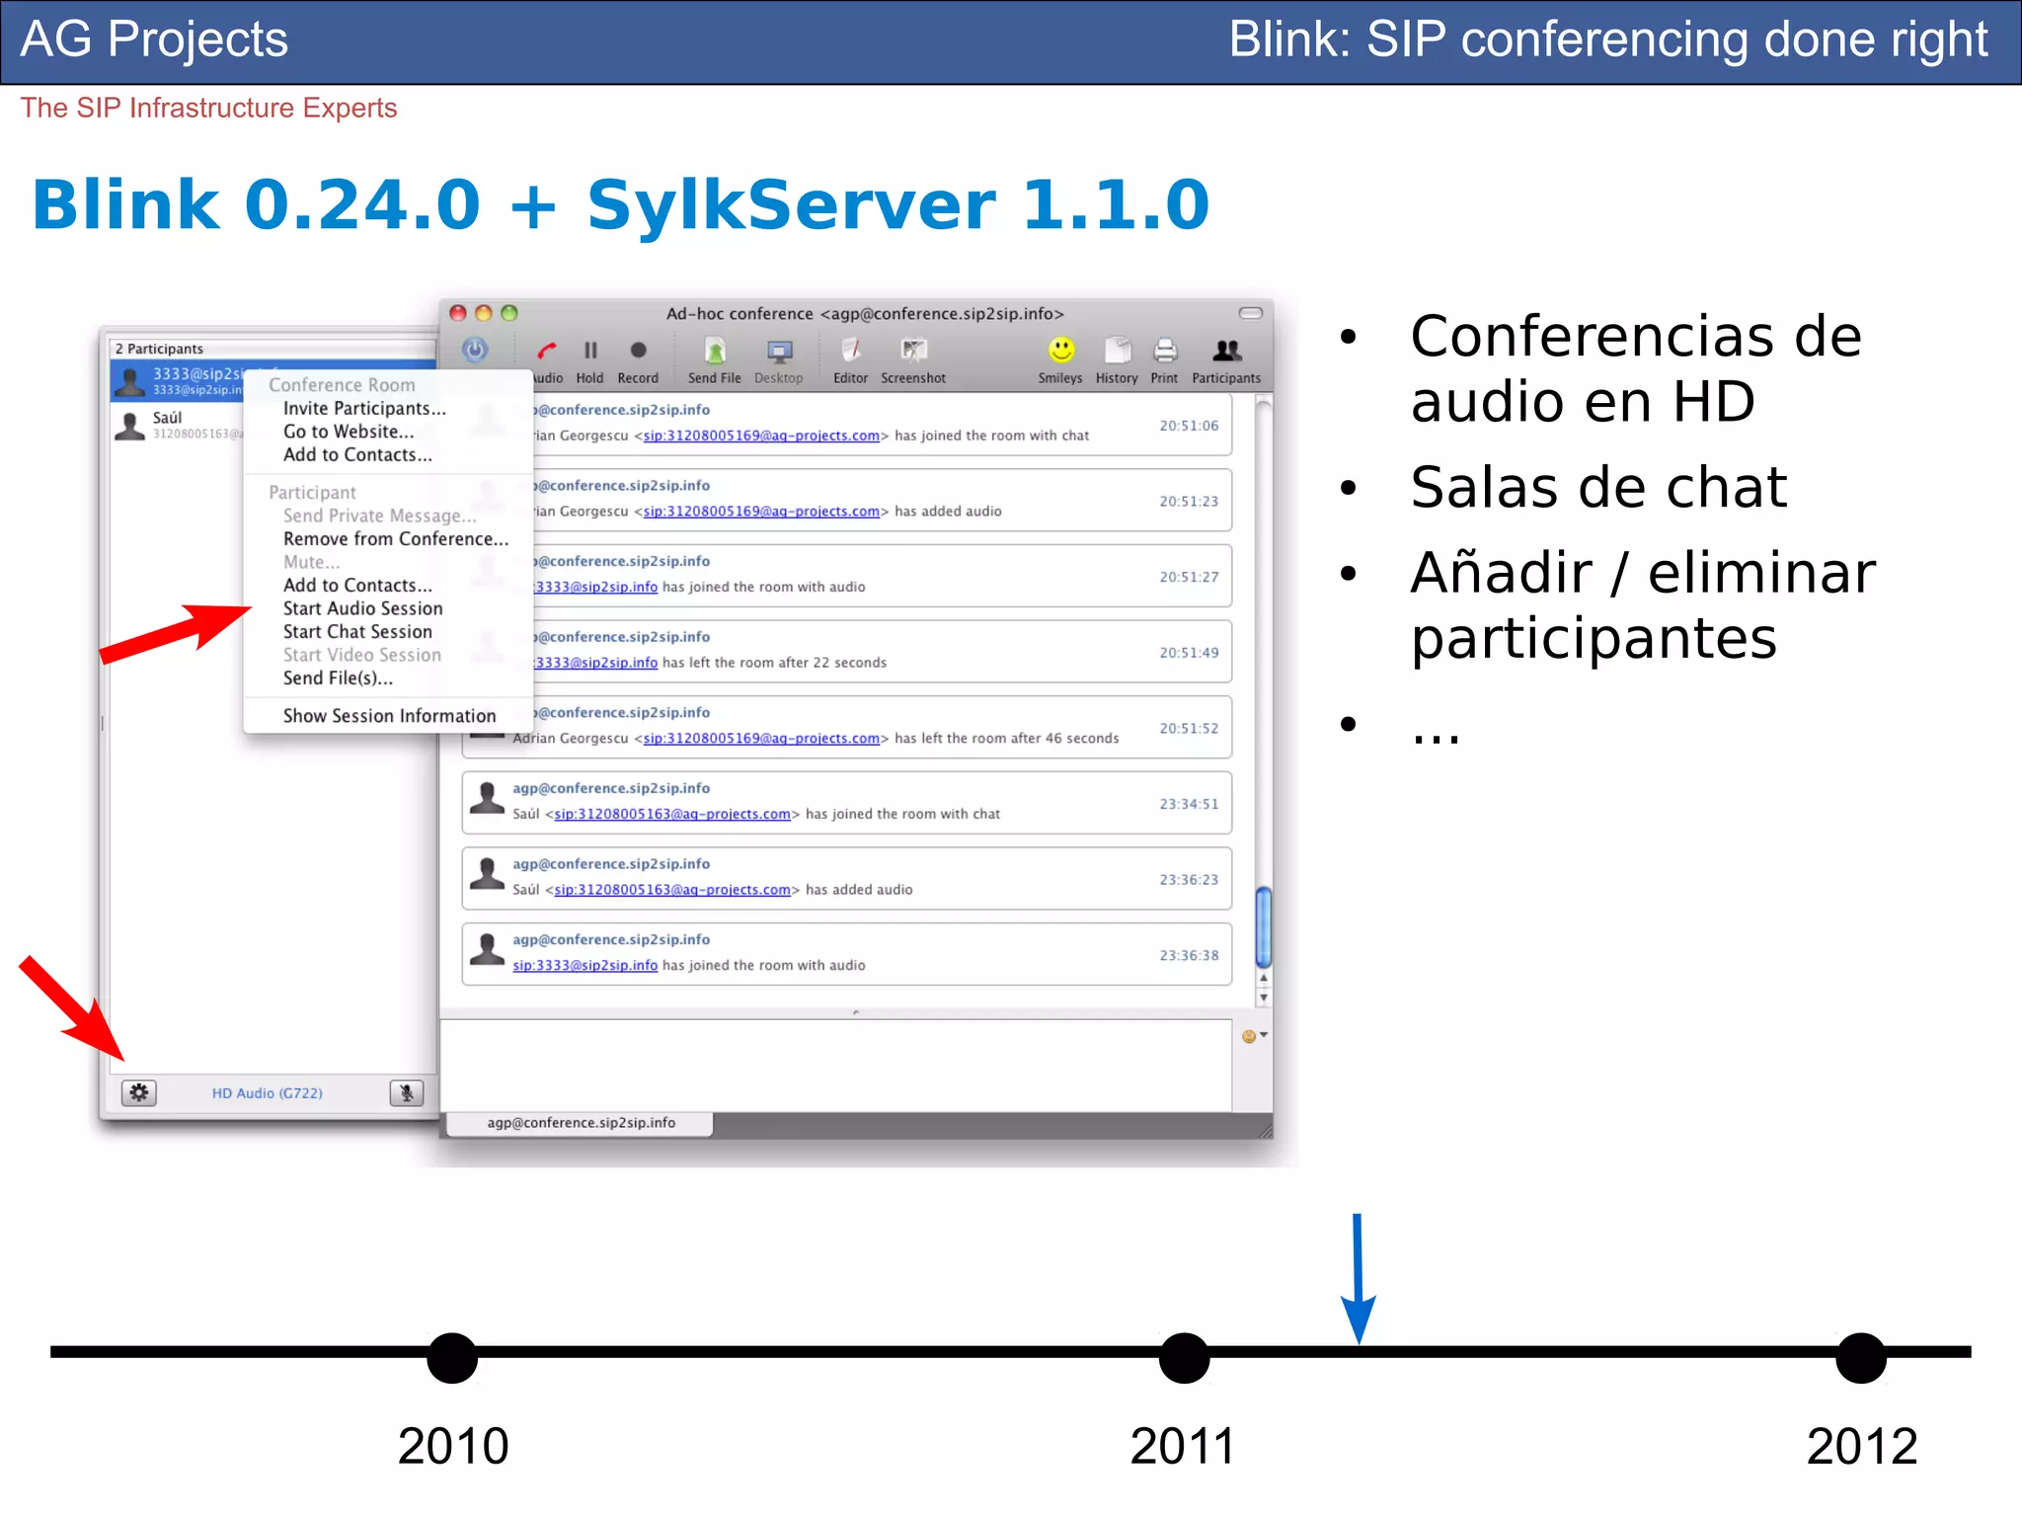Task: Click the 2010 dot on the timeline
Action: coord(452,1358)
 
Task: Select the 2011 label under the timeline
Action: coord(1183,1446)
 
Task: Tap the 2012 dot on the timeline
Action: coord(1861,1358)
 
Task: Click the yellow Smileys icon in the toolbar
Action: coord(1061,351)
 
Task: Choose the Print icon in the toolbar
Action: coord(1165,351)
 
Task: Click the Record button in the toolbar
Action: coord(638,351)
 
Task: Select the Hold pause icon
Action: coord(590,351)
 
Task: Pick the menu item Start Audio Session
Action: coord(362,608)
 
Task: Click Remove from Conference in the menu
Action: coord(395,539)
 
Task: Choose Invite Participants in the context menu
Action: coord(364,409)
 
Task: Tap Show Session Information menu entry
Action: coord(389,716)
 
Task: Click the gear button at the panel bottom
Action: coord(139,1092)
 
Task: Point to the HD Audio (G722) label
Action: coord(267,1093)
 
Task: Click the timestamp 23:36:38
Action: coord(1189,955)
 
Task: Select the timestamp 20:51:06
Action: coord(1189,426)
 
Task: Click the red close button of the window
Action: coord(458,313)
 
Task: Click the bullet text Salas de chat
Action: coord(1598,487)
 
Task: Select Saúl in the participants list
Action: coord(168,419)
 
